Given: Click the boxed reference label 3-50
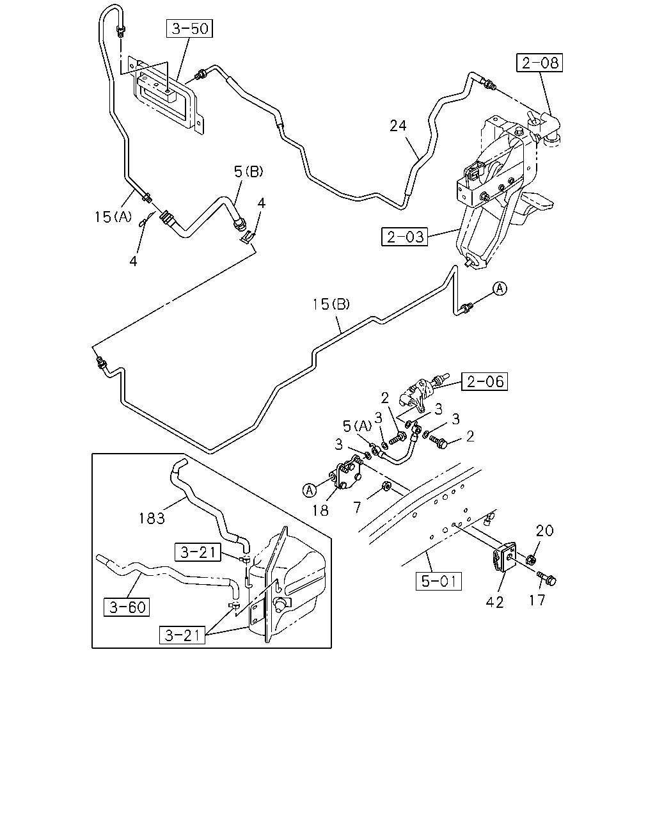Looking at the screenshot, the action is pyautogui.click(x=189, y=29).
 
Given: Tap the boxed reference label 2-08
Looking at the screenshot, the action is pyautogui.click(x=539, y=63).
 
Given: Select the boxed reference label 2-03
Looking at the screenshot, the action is pyautogui.click(x=404, y=237).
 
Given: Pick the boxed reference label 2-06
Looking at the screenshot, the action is pyautogui.click(x=484, y=381).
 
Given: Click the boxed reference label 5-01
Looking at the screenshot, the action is pyautogui.click(x=438, y=581).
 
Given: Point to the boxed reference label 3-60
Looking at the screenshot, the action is pyautogui.click(x=127, y=607).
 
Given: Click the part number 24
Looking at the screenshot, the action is pyautogui.click(x=398, y=126).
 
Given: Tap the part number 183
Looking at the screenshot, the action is pyautogui.click(x=152, y=518).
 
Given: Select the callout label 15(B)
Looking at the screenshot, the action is pyautogui.click(x=331, y=304).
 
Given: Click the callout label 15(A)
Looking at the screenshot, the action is pyautogui.click(x=113, y=217).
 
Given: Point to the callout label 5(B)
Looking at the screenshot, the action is pyautogui.click(x=249, y=172).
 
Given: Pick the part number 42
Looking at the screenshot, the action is pyautogui.click(x=494, y=603).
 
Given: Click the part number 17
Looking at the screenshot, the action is pyautogui.click(x=537, y=601).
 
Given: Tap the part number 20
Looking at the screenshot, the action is pyautogui.click(x=544, y=530).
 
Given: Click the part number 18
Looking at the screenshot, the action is pyautogui.click(x=320, y=511).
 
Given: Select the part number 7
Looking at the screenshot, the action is pyautogui.click(x=357, y=507).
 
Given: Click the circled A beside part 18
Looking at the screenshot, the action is pyautogui.click(x=310, y=491).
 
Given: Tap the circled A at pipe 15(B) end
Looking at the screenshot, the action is pyautogui.click(x=500, y=289).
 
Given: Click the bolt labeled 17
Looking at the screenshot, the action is pyautogui.click(x=546, y=578).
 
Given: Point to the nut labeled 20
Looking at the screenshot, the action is pyautogui.click(x=530, y=559).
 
